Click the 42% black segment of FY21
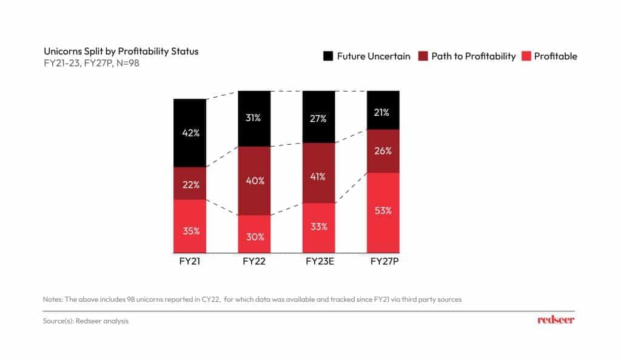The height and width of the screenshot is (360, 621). pyautogui.click(x=190, y=133)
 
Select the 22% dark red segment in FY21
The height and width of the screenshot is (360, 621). pyautogui.click(x=190, y=184)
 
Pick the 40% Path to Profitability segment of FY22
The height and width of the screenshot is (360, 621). pyautogui.click(x=254, y=181)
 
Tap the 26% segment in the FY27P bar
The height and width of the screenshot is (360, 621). pyautogui.click(x=383, y=151)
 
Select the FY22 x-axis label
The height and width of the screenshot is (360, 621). pyautogui.click(x=254, y=262)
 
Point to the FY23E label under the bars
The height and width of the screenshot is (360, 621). pyautogui.click(x=318, y=262)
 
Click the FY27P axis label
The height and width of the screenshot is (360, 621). pyautogui.click(x=383, y=262)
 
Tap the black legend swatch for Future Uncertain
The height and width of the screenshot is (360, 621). pyautogui.click(x=328, y=56)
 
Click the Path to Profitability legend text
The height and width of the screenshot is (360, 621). pyautogui.click(x=473, y=56)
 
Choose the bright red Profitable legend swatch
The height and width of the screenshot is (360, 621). pyautogui.click(x=526, y=56)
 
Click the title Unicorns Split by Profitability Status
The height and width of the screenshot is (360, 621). pyautogui.click(x=121, y=51)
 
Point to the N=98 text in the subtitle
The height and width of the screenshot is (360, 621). pyautogui.click(x=129, y=62)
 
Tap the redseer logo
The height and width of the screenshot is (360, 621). pyautogui.click(x=556, y=319)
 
